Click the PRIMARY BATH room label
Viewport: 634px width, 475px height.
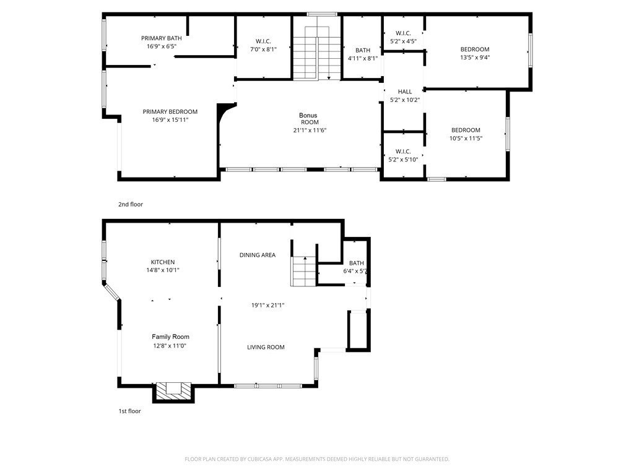[161, 38]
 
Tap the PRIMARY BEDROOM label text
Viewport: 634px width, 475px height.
[170, 112]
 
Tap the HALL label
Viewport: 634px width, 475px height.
[405, 92]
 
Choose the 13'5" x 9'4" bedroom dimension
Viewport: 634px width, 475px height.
[474, 58]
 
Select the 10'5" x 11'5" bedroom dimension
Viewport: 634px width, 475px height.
[466, 138]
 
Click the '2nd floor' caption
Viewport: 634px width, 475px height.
[131, 204]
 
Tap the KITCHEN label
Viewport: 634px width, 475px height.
[163, 262]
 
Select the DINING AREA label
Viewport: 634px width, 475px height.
[258, 255]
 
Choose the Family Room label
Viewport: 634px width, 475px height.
[170, 336]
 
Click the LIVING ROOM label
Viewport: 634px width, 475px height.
[266, 347]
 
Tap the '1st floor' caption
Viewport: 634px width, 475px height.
[130, 411]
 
